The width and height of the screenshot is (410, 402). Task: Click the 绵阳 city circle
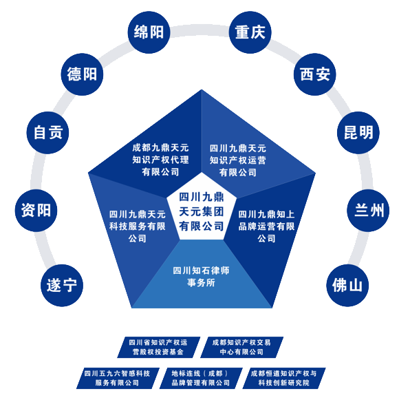tap(149, 32)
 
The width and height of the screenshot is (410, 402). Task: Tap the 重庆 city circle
tap(250, 32)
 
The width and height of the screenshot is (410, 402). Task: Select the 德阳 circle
tap(82, 74)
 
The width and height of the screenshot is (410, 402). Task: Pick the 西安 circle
tap(315, 74)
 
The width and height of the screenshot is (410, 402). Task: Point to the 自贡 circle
tap(48, 133)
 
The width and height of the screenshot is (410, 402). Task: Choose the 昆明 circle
tap(358, 133)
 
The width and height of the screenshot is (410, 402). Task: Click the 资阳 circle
tap(36, 211)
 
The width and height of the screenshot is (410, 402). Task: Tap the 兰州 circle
tap(368, 211)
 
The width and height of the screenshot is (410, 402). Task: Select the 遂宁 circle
tap(62, 285)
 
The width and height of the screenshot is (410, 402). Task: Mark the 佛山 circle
tap(347, 285)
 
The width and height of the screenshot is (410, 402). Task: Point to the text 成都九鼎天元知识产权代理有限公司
tap(160, 160)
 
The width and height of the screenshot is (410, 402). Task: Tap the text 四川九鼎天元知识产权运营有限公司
tap(238, 160)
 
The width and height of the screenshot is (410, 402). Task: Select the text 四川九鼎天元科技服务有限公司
tap(138, 226)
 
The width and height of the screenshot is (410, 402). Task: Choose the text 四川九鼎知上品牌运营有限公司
tap(266, 226)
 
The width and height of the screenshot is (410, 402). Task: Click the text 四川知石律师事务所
tap(201, 277)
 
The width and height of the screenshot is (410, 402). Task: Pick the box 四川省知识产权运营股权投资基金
tap(158, 348)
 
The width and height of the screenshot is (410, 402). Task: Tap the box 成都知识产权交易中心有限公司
tap(241, 348)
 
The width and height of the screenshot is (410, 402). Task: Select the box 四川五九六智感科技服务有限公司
tap(118, 378)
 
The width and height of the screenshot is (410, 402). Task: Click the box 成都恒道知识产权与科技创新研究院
tap(284, 378)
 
